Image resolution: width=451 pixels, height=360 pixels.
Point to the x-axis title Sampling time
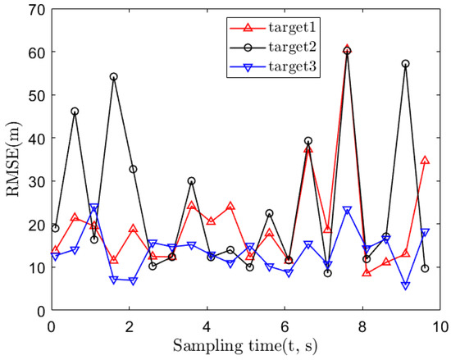click(245, 344)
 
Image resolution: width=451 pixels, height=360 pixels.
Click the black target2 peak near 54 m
click(114, 77)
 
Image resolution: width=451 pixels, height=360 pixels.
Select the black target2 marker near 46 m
click(75, 112)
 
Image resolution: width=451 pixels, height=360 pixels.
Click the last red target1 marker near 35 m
click(425, 161)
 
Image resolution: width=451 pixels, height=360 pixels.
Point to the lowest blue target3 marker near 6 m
click(405, 285)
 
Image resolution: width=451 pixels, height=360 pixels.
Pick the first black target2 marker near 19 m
click(55, 228)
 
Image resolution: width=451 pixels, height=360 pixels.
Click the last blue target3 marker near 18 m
click(425, 233)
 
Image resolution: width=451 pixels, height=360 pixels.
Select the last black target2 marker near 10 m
click(425, 268)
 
